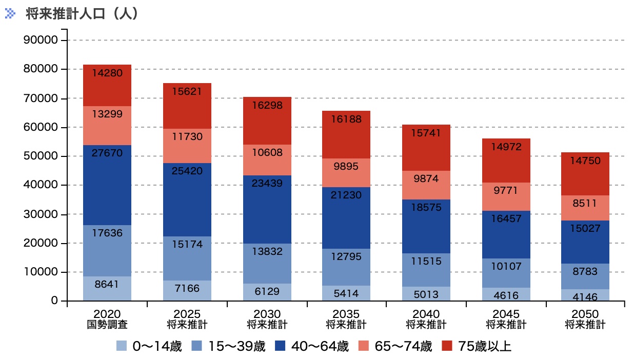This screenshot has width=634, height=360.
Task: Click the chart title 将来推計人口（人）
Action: tap(82, 14)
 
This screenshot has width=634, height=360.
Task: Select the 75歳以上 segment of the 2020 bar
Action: tap(107, 85)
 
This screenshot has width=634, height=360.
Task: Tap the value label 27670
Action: tap(107, 153)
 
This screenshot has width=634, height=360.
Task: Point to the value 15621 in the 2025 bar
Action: tap(187, 92)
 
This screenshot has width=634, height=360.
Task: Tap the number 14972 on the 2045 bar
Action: tap(506, 147)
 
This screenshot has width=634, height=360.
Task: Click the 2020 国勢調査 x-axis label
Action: tap(107, 319)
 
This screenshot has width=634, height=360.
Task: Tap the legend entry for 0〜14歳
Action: tap(149, 346)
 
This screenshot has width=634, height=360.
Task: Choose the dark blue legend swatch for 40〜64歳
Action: tap(281, 346)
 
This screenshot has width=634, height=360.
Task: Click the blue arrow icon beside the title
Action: tap(10, 14)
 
